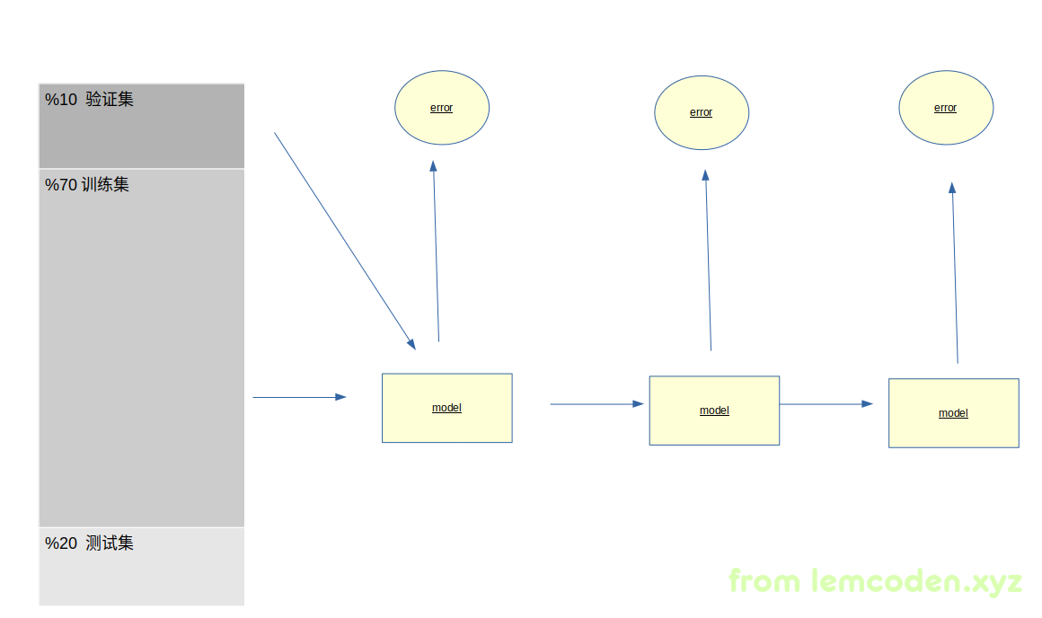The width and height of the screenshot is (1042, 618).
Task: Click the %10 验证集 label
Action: click(x=89, y=100)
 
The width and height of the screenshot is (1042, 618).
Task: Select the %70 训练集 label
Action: click(x=87, y=185)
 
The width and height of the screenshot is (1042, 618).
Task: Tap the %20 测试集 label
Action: click(x=89, y=543)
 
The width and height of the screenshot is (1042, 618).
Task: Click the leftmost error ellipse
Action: click(x=442, y=108)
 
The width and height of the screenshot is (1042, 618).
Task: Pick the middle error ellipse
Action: click(x=702, y=112)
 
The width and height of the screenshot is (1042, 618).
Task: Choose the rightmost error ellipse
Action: click(x=946, y=108)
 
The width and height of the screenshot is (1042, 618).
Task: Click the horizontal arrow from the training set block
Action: click(x=299, y=397)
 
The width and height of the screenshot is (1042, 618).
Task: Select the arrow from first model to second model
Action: click(x=596, y=404)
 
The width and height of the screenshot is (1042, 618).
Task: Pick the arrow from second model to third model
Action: click(x=826, y=404)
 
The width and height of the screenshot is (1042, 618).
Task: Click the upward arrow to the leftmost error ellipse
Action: click(x=436, y=252)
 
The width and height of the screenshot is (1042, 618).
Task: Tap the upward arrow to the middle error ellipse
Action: click(x=708, y=260)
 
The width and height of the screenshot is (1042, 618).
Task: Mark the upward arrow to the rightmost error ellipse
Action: click(x=955, y=274)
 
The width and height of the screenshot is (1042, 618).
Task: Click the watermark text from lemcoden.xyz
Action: click(x=875, y=581)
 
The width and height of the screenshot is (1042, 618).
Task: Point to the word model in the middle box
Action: click(x=714, y=411)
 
